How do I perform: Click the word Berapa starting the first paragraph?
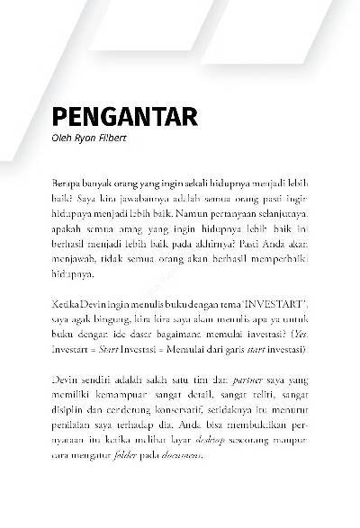click(x=65, y=183)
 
